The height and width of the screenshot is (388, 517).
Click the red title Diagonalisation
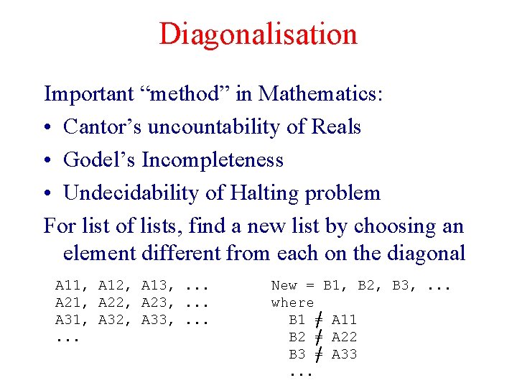[258, 34]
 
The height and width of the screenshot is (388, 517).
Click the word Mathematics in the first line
[321, 93]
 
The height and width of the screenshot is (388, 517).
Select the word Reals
[336, 126]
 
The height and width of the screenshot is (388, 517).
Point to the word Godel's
[100, 160]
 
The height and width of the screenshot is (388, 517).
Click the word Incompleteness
[213, 160]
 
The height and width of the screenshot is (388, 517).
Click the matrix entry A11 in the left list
[69, 286]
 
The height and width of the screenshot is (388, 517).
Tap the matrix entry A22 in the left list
[113, 303]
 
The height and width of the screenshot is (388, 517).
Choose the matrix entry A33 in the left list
[157, 320]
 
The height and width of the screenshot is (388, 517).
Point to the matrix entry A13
[157, 286]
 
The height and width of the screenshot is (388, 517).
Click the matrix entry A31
[69, 320]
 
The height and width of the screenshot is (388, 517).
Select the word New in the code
[284, 286]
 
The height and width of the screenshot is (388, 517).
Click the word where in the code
[293, 303]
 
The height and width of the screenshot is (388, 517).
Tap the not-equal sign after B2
[319, 337]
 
